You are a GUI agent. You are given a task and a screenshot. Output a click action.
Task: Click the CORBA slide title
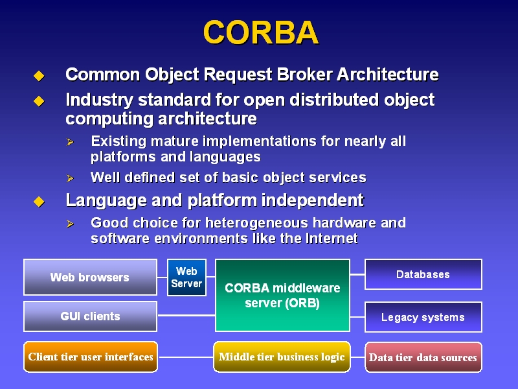click(x=261, y=32)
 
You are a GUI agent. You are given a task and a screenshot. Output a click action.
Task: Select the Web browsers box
click(x=90, y=277)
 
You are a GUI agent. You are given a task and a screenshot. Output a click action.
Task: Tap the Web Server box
click(x=186, y=277)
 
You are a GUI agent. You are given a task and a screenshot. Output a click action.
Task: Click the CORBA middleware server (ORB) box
click(x=282, y=295)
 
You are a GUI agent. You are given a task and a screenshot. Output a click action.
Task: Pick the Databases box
click(x=423, y=274)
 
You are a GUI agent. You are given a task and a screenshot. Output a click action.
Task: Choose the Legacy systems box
click(x=423, y=317)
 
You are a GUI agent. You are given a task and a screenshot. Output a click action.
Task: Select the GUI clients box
click(x=90, y=316)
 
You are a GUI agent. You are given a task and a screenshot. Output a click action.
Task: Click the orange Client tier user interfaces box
click(x=91, y=357)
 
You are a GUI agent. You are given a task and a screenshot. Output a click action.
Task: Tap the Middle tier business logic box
click(x=282, y=357)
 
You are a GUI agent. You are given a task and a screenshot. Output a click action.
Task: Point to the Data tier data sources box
click(x=423, y=357)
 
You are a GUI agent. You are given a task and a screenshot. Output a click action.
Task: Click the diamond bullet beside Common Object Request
click(x=39, y=76)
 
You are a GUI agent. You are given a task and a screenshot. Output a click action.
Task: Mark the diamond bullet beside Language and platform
click(x=39, y=202)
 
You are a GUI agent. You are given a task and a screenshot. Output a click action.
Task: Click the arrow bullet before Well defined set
click(x=70, y=178)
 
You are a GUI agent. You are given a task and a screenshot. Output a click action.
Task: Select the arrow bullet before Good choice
click(x=70, y=224)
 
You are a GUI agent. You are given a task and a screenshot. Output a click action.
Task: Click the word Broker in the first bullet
click(x=304, y=74)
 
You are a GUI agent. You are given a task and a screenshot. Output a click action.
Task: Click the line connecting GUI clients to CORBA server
click(x=186, y=316)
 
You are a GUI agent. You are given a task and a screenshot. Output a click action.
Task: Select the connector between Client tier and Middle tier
click(x=186, y=357)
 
